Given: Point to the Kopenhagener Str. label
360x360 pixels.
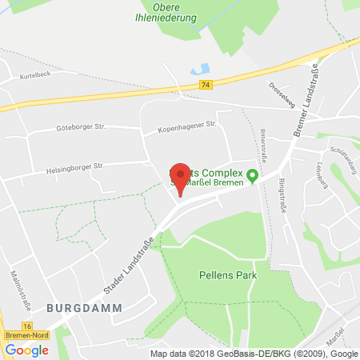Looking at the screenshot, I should point(187,125).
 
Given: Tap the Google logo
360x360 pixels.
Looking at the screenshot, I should point(26,350).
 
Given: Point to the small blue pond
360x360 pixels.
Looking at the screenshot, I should point(200,70).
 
